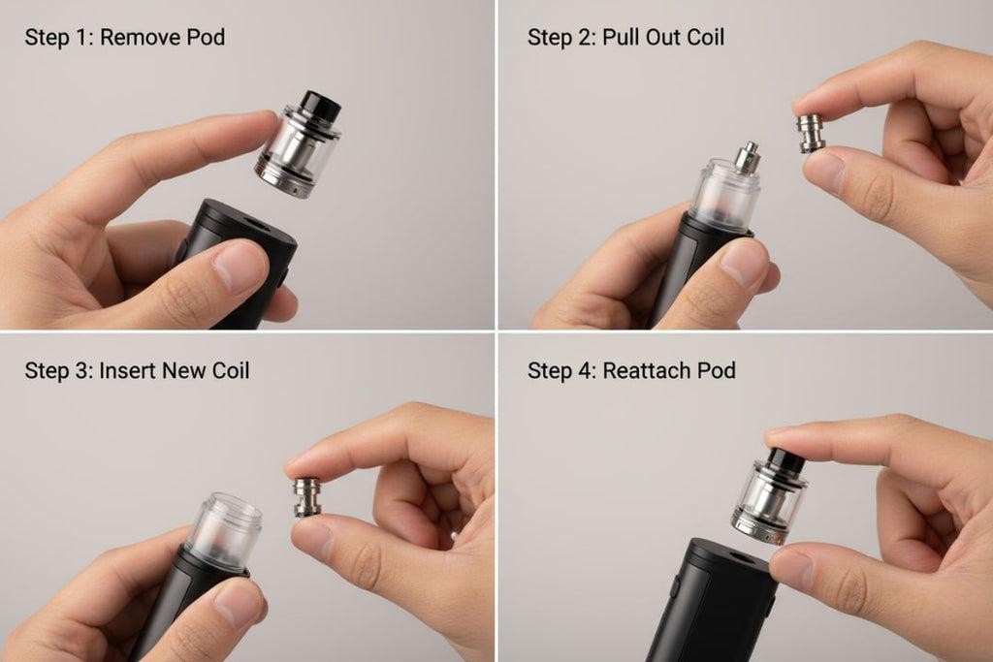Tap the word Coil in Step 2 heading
pyautogui.click(x=706, y=38)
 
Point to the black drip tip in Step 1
pyautogui.click(x=320, y=105)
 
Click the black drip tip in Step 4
pyautogui.click(x=785, y=459)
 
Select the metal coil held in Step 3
pyautogui.click(x=307, y=497)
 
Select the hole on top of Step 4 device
pyautogui.click(x=741, y=557)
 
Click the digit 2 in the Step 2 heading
pyautogui.click(x=583, y=38)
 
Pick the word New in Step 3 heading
pyautogui.click(x=182, y=370)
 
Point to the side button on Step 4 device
pyautogui.click(x=675, y=586)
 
